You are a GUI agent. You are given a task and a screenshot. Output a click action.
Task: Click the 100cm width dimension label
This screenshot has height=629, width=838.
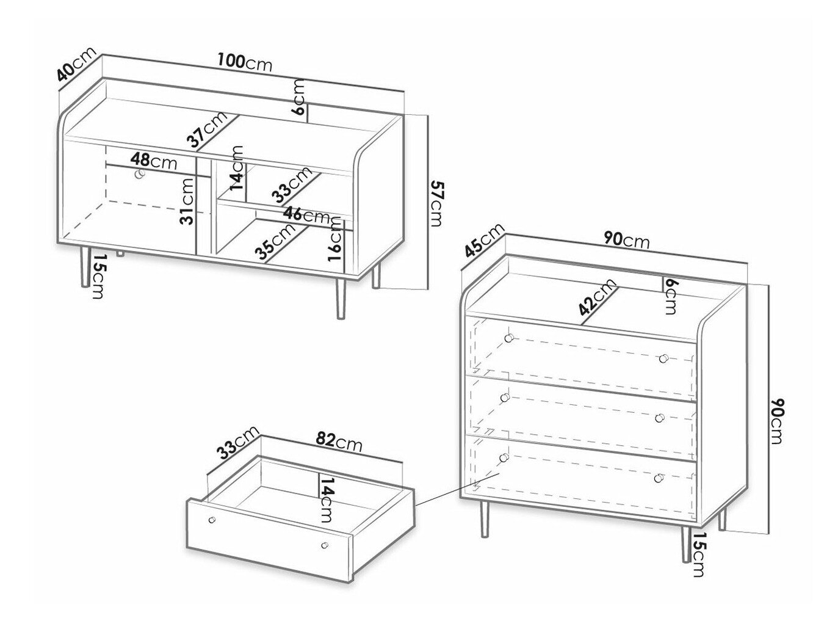(x=245, y=62)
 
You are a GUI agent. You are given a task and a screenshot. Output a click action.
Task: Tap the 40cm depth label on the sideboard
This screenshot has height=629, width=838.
(x=75, y=70)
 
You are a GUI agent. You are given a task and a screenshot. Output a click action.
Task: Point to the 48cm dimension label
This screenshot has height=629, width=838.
(x=153, y=162)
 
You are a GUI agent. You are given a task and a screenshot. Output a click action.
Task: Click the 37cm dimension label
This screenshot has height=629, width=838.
(x=207, y=129)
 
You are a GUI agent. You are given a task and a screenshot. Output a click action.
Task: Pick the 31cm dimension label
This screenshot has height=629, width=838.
(x=188, y=202)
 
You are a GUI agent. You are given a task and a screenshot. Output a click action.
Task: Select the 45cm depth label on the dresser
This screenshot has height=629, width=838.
(x=484, y=241)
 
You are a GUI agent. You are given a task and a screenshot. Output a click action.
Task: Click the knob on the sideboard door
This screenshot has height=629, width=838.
(x=140, y=175)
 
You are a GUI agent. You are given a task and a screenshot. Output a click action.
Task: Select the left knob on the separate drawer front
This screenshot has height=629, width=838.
(x=212, y=520)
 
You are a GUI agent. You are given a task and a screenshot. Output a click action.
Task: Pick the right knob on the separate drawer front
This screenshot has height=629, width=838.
(x=325, y=545)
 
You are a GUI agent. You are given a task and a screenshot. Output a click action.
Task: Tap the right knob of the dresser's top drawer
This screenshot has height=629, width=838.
(x=663, y=358)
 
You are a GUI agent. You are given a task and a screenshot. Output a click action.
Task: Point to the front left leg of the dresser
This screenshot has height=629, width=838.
(x=485, y=520)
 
